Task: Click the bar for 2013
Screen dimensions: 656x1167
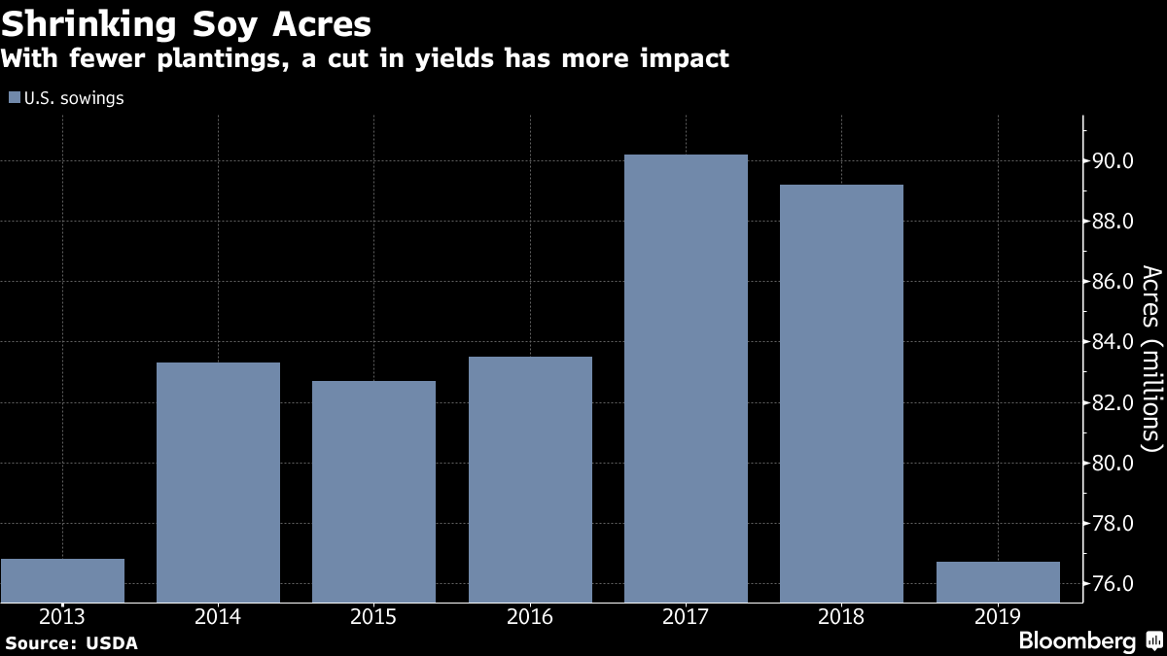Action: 62,580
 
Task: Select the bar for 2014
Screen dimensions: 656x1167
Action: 218,482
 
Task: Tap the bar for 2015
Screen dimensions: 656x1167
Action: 373,491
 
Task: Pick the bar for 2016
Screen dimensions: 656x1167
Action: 530,479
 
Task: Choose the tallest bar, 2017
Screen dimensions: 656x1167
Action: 686,378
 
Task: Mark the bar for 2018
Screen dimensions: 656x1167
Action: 841,394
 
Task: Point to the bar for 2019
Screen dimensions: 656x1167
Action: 998,581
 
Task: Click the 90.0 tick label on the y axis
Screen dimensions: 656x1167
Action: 1113,161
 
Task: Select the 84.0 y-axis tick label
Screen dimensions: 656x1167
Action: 1113,342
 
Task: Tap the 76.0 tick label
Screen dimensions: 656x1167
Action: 1113,584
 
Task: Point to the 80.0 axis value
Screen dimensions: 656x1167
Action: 1113,464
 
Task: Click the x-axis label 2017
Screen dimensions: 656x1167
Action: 686,615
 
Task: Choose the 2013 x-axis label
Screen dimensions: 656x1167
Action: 62,615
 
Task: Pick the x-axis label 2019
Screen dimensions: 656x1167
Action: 998,615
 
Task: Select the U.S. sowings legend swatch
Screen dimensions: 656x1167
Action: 14,98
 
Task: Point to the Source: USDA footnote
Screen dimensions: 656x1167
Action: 71,642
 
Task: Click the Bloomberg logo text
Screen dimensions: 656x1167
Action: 1077,641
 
